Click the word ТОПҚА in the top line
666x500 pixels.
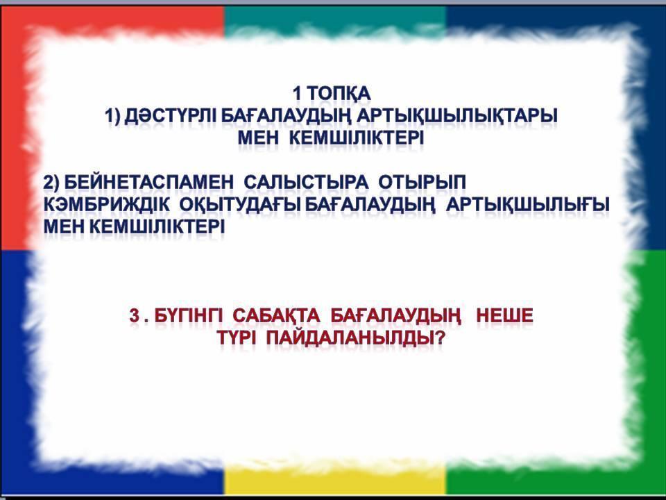point(338,94)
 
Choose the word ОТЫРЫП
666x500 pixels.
point(422,183)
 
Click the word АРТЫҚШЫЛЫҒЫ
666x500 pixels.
point(529,206)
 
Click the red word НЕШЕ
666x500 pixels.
point(504,316)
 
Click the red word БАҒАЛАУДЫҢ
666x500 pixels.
point(395,317)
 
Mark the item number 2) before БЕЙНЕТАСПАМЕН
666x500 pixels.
point(53,183)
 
